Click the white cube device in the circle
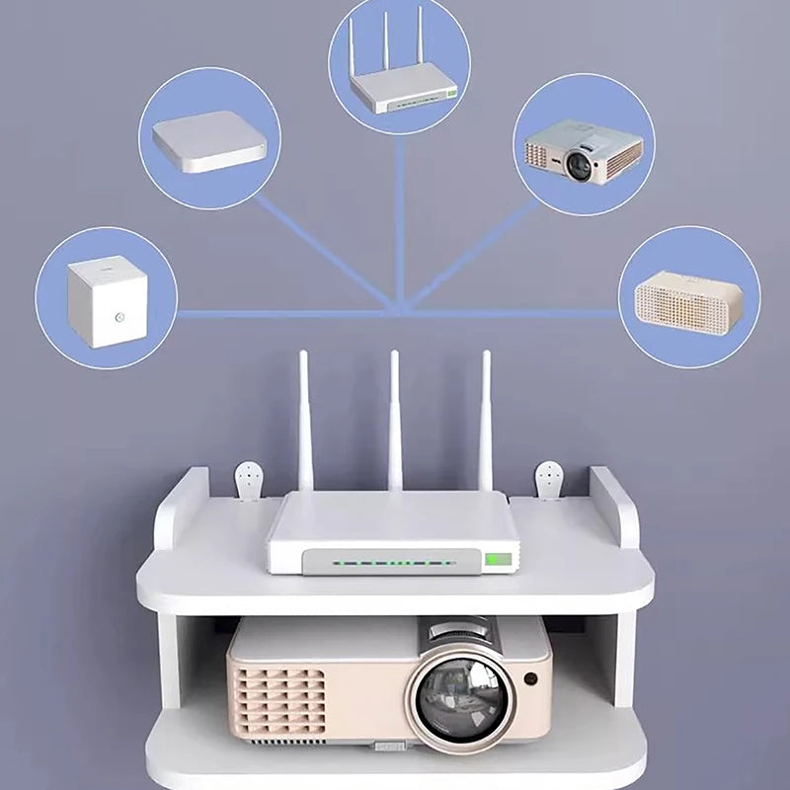tap(108, 300)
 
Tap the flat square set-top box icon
tap(209, 141)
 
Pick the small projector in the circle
tap(584, 150)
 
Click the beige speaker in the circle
tap(688, 297)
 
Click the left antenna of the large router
tap(305, 420)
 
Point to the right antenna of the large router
tap(486, 420)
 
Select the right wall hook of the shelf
tap(549, 481)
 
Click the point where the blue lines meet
tap(400, 312)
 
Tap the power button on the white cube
tap(119, 318)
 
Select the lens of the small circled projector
tap(580, 165)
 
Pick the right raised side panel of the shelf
tap(614, 509)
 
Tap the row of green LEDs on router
tap(395, 563)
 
